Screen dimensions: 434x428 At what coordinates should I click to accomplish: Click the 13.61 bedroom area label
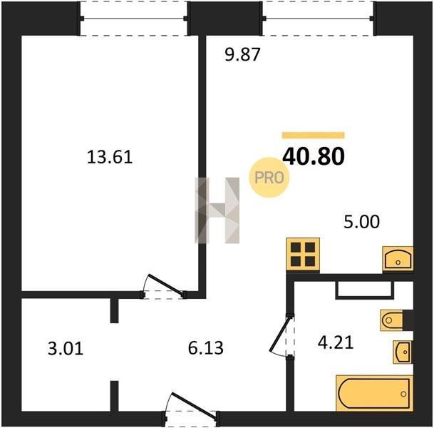[x=110, y=157]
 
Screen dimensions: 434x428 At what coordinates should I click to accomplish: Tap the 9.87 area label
[x=242, y=55]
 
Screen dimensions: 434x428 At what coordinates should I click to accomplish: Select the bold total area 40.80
[x=314, y=156]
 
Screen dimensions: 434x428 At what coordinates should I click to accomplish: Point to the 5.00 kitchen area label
[x=361, y=222]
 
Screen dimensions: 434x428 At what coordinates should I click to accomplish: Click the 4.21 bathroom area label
[x=336, y=342]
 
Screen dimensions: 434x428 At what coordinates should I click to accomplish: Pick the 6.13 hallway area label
[x=206, y=348]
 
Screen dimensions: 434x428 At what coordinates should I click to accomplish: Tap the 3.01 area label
[x=66, y=349]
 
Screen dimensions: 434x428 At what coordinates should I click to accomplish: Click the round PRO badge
[x=269, y=178]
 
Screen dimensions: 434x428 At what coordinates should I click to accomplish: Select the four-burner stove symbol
[x=303, y=254]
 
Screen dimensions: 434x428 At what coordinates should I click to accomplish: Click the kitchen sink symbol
[x=398, y=258]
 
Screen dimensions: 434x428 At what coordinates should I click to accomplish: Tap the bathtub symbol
[x=374, y=393]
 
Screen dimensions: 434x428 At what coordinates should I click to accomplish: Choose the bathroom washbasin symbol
[x=403, y=352]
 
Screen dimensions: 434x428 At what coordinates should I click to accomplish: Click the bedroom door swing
[x=163, y=286]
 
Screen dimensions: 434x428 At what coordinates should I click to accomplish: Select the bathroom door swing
[x=281, y=335]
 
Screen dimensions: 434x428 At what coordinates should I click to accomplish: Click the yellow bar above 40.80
[x=314, y=136]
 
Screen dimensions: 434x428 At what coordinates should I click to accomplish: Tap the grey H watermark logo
[x=217, y=210]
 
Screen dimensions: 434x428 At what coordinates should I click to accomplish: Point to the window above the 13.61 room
[x=134, y=19]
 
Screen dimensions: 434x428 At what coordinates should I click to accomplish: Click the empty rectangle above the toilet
[x=365, y=290]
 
